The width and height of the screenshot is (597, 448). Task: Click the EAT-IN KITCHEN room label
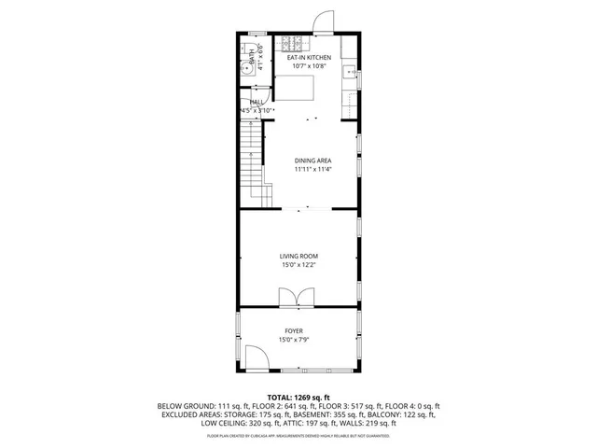(308, 58)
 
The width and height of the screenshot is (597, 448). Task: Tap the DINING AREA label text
(312, 161)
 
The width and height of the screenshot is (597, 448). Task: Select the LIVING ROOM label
(299, 256)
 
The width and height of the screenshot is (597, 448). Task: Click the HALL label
(257, 102)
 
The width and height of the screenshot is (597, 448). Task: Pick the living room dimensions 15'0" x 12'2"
(299, 265)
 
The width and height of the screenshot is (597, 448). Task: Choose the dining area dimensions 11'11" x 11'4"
(312, 170)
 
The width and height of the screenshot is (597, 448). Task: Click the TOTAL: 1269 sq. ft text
(298, 397)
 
